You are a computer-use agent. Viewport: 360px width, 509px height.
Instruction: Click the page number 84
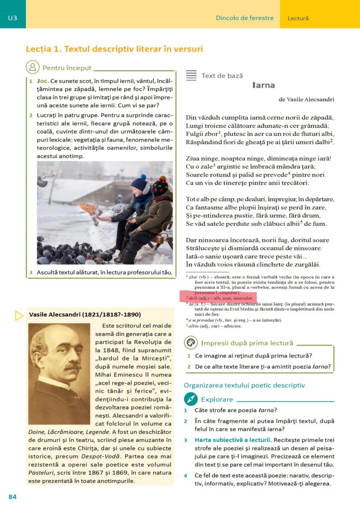pos(12,497)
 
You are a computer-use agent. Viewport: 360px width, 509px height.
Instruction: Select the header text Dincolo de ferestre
pos(245,18)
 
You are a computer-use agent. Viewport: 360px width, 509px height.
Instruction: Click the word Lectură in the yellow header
pos(298,18)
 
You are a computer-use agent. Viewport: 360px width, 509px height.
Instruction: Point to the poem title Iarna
pos(264,85)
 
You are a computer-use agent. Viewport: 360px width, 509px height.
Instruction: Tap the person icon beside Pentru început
pos(32,67)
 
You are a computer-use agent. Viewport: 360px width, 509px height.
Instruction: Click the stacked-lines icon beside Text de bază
pos(191,76)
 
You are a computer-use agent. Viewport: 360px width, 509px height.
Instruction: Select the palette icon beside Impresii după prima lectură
pos(190,343)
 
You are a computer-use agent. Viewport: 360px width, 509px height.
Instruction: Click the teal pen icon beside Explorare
pos(190,399)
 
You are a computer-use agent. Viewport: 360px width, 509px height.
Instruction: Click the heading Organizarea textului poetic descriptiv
pos(244,385)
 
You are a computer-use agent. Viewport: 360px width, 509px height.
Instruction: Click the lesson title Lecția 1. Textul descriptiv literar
pos(114,49)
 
